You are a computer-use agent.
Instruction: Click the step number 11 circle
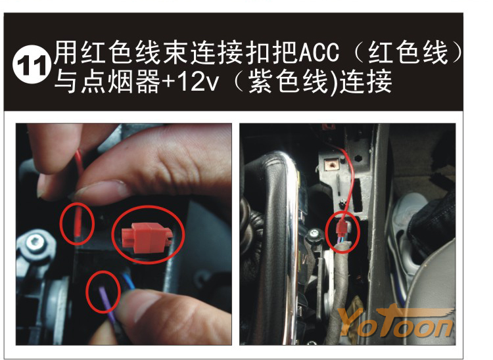(32, 65)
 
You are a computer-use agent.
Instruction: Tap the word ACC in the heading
(319, 53)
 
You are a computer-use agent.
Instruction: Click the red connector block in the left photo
(147, 238)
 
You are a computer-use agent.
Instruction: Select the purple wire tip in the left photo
(104, 298)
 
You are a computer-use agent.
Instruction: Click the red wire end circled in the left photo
(78, 223)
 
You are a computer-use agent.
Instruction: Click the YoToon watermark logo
(397, 321)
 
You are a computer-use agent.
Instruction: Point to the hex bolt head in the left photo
(34, 242)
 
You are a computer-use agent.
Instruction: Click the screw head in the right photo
(314, 233)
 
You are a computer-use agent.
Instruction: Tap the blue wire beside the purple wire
(129, 281)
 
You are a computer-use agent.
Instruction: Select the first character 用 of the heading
(65, 53)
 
